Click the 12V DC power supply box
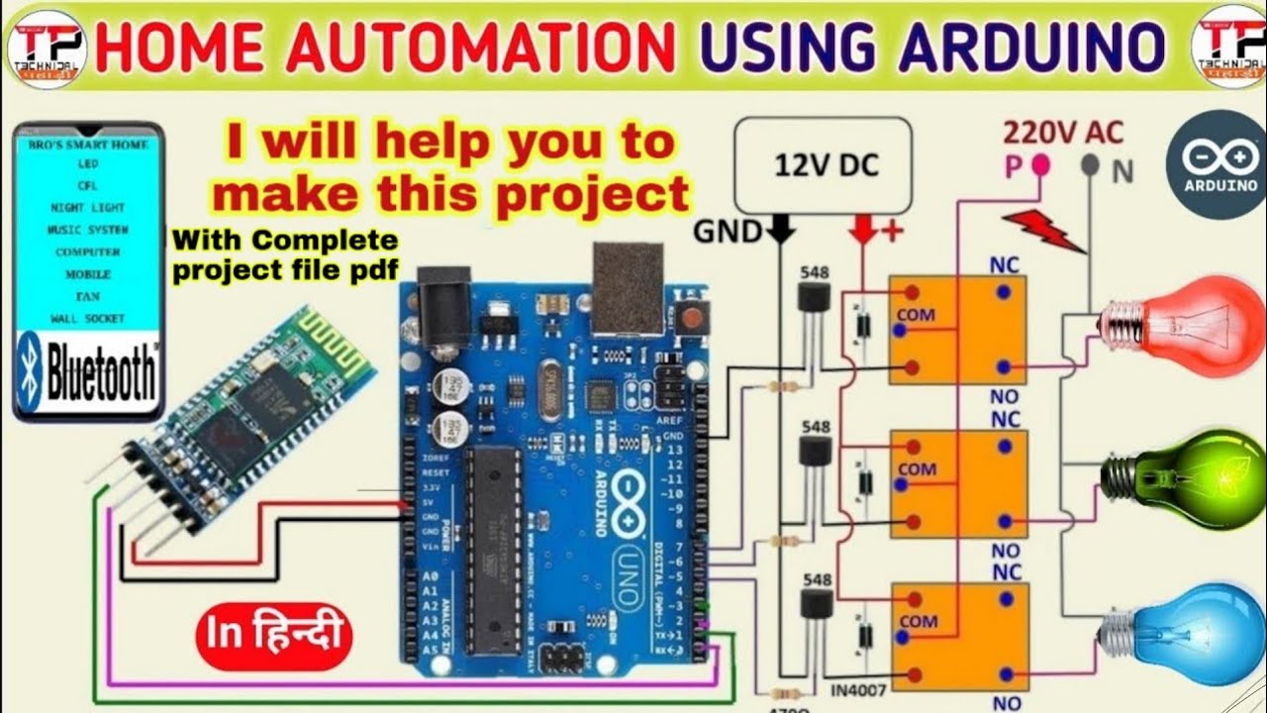pos(823,165)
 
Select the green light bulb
pos(1188,478)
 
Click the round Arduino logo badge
pos(1216,163)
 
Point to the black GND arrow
pos(781,230)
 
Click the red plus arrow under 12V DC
pos(863,231)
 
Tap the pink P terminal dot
pos(1040,163)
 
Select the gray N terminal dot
pos(1090,164)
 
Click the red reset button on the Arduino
pos(697,319)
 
